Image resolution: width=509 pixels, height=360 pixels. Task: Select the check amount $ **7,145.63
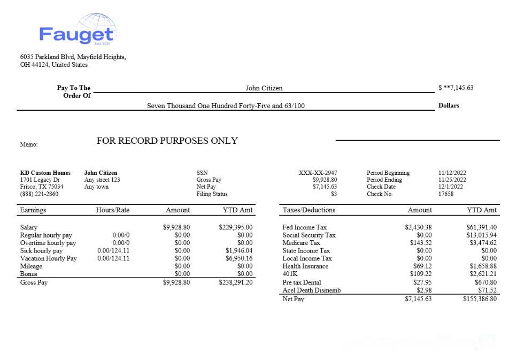455,88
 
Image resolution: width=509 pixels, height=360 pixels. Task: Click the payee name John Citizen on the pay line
264,88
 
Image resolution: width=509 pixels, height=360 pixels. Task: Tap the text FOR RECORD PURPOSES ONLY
167,141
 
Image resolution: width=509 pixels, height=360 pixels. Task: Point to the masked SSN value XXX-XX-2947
318,173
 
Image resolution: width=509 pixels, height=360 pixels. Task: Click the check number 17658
446,194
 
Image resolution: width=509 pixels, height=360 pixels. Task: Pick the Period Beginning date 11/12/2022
452,173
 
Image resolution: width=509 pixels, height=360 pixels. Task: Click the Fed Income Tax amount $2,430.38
418,227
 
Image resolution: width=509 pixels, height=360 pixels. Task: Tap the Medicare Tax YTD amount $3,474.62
481,243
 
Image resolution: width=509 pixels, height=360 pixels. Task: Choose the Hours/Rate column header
113,210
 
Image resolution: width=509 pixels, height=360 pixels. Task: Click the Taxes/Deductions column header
309,210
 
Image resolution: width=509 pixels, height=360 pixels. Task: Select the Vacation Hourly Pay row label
48,258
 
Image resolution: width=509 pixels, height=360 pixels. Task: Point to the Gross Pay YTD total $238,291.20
236,282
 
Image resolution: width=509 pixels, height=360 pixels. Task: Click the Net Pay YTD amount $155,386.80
480,299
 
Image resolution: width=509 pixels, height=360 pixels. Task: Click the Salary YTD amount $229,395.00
236,227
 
